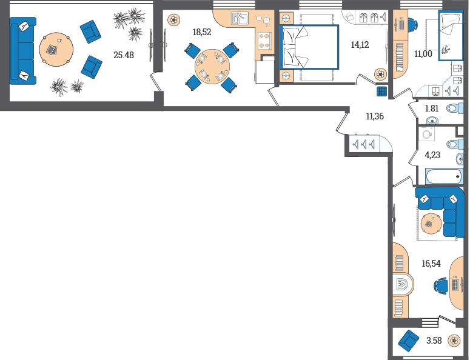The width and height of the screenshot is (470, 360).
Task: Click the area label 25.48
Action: [124, 55]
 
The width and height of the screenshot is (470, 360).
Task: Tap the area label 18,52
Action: [202, 32]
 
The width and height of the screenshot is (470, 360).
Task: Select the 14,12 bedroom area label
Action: [360, 45]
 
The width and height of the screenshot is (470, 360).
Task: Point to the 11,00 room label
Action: [423, 54]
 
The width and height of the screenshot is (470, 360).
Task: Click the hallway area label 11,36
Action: [375, 116]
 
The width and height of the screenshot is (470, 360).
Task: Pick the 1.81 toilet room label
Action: [432, 108]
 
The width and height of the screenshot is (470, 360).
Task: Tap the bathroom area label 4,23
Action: [432, 155]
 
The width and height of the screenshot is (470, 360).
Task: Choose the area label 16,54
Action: [431, 264]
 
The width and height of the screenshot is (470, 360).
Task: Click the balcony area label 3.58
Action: [434, 341]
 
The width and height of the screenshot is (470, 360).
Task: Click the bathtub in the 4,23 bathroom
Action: [444, 177]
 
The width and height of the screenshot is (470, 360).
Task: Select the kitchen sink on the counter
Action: [240, 18]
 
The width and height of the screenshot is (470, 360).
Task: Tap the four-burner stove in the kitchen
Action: [264, 41]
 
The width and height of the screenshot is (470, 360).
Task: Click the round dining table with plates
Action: [212, 67]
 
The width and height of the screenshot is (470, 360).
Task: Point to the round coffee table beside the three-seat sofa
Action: [56, 50]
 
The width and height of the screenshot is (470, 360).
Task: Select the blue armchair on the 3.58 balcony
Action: [408, 341]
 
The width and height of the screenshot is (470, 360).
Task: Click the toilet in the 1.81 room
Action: [455, 108]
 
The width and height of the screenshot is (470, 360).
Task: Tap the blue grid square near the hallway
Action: [382, 92]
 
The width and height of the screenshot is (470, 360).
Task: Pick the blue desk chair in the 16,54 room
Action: [440, 285]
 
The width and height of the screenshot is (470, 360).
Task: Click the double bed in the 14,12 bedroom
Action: [309, 47]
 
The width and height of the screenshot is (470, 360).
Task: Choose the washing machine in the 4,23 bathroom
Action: [426, 134]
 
